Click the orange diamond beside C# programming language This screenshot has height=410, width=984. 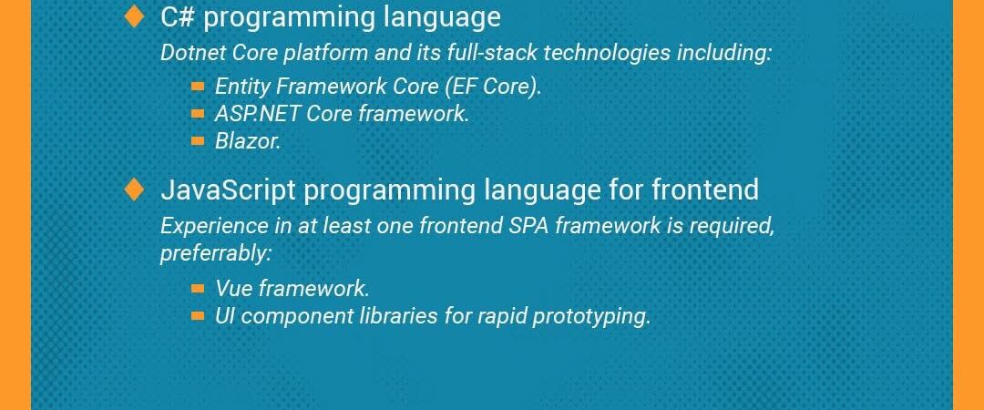(x=134, y=17)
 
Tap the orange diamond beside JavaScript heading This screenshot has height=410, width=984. (x=134, y=189)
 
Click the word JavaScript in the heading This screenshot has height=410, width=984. (x=228, y=189)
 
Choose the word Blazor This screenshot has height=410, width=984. (x=247, y=141)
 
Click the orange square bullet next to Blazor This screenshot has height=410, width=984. (x=198, y=141)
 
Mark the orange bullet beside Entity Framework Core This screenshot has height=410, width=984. (x=198, y=87)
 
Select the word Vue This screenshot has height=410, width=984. (x=234, y=288)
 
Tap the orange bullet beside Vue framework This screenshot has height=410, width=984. (x=198, y=289)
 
